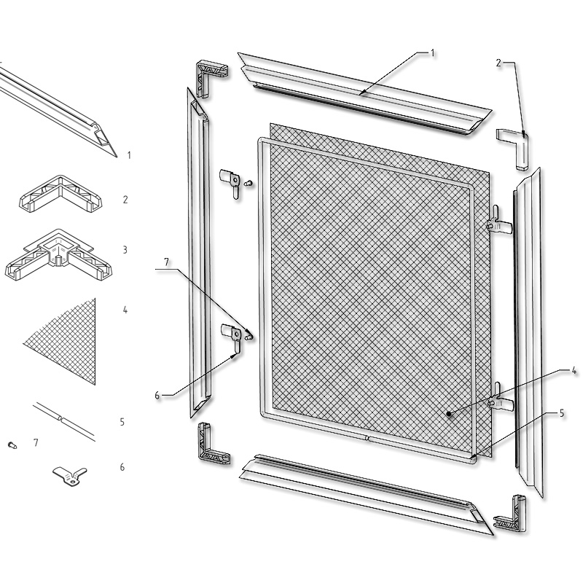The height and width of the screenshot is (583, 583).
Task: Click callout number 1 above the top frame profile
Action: click(432, 53)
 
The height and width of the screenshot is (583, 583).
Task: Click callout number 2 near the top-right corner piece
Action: click(498, 63)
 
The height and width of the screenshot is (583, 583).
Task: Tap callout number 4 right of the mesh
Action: click(574, 371)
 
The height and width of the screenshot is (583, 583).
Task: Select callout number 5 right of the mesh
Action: click(561, 413)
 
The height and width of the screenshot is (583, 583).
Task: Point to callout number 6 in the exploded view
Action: click(157, 395)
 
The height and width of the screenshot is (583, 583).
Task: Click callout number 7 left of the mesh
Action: click(166, 262)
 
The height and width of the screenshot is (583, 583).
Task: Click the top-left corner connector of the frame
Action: click(211, 79)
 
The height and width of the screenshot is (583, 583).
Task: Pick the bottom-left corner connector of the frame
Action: click(213, 443)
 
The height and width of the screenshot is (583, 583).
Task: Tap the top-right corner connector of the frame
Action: click(514, 149)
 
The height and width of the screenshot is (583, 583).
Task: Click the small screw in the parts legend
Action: click(12, 445)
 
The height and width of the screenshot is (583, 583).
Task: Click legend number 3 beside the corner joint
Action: click(125, 250)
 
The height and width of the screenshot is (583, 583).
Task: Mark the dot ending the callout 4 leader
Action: click(450, 413)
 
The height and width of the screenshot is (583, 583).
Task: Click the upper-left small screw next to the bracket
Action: click(249, 183)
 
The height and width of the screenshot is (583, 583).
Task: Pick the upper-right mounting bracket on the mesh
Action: click(500, 223)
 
